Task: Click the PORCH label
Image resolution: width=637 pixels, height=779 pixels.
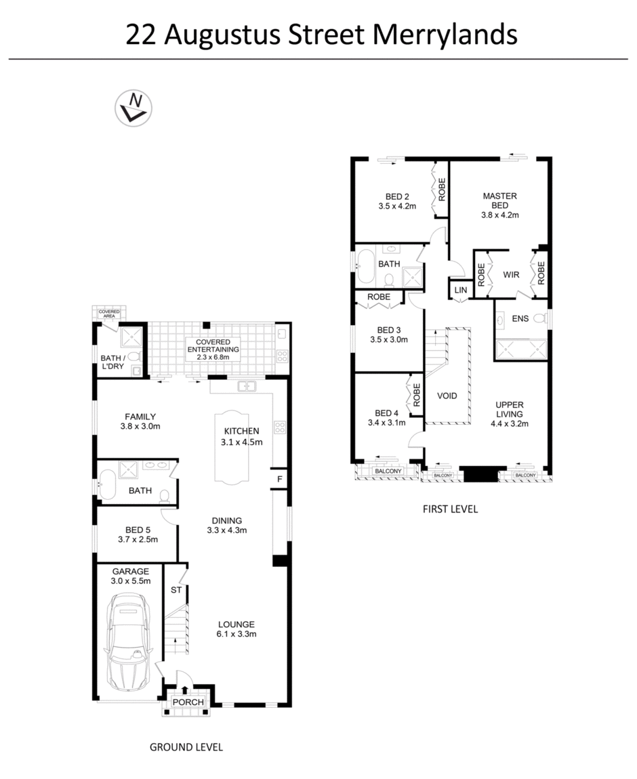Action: (188, 702)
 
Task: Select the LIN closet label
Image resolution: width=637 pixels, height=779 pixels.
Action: (461, 290)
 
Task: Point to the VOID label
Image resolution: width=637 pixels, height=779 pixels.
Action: (447, 396)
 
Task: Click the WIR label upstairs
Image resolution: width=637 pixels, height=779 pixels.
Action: (510, 275)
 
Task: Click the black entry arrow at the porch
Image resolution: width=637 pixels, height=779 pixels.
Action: (186, 690)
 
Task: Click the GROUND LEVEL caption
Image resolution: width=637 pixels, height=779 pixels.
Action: (186, 747)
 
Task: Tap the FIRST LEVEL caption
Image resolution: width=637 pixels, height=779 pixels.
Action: (450, 509)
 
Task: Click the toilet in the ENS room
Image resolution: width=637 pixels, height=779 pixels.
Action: (540, 318)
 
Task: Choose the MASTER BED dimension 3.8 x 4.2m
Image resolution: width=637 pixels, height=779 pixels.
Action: (499, 215)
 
